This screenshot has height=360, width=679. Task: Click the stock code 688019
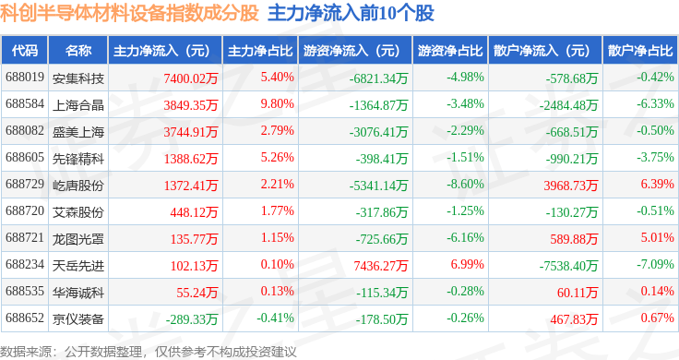tap(25, 78)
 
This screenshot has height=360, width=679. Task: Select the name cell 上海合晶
tap(78, 105)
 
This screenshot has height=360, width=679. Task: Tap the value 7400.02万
tap(191, 78)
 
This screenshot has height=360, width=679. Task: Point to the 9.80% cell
tap(277, 104)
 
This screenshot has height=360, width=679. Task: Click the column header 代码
tap(25, 51)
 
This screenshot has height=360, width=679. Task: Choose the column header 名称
tap(78, 51)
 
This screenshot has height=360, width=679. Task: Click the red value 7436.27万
tap(381, 266)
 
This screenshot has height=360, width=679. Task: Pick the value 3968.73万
tap(571, 186)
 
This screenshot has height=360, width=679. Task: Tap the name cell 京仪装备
tap(78, 318)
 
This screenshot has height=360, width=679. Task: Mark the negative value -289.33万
tap(192, 319)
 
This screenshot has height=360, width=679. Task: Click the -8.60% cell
tap(465, 184)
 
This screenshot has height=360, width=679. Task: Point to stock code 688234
tap(25, 264)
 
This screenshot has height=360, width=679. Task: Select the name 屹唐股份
tap(78, 186)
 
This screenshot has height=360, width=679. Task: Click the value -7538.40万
tap(568, 266)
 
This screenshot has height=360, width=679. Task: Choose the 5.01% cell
tap(658, 238)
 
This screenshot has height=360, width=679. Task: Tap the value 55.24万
tap(197, 293)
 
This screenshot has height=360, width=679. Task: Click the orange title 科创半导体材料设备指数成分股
tap(129, 13)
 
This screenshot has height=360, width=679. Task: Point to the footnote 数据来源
tap(26, 352)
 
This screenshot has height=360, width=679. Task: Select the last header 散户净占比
tap(640, 51)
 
